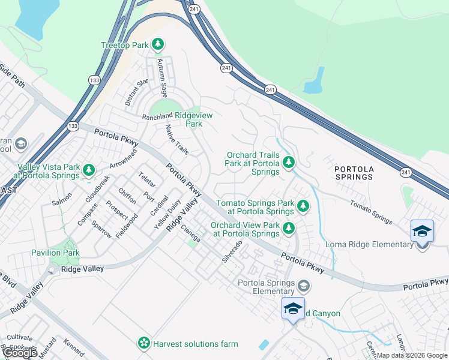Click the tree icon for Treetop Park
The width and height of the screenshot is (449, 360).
tap(158, 44)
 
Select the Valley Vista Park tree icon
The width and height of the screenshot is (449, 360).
tap(89, 171)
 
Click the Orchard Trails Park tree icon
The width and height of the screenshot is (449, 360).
tap(289, 162)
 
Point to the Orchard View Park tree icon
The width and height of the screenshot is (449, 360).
tap(289, 229)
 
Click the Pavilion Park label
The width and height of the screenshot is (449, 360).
tap(55, 253)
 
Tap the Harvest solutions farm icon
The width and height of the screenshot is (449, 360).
tap(144, 343)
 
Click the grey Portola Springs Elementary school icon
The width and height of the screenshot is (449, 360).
tap(304, 286)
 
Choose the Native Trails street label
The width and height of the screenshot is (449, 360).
tap(177, 139)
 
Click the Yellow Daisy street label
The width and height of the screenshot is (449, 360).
tap(167, 215)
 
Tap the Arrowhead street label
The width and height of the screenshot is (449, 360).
tap(124, 158)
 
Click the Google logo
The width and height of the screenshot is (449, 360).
tap(20, 353)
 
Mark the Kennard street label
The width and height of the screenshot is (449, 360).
tap(74, 349)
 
